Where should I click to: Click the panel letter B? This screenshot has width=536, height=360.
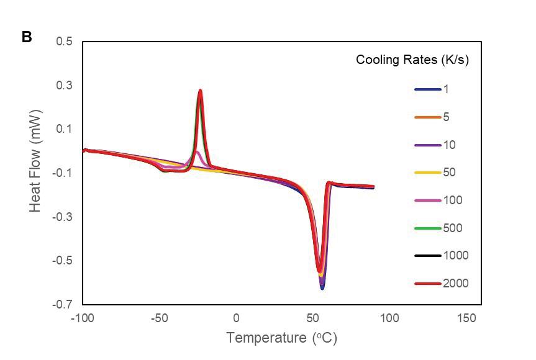[x=27, y=37]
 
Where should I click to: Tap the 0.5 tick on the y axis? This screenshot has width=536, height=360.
[x=64, y=42]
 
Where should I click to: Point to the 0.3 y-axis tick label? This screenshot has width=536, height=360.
[x=64, y=85]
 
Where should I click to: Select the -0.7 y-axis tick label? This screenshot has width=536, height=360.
[x=62, y=304]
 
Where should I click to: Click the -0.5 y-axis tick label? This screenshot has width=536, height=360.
[x=62, y=261]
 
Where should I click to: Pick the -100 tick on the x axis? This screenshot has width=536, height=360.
[x=83, y=318]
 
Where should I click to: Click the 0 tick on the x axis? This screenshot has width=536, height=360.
[x=236, y=318]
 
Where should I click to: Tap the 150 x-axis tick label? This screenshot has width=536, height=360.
[x=466, y=318]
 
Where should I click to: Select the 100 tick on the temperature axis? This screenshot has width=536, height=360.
[x=389, y=318]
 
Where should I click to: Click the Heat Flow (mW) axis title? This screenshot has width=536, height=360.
[x=35, y=161]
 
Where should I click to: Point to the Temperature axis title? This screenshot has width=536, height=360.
[x=282, y=338]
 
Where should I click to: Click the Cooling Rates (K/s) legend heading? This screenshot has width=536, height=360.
[x=412, y=60]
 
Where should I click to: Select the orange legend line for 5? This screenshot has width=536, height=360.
[x=428, y=117]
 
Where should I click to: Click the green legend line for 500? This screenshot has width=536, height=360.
[x=428, y=228]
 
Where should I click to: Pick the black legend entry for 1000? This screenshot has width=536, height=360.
[x=442, y=256]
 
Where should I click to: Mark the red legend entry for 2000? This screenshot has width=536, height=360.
[x=442, y=284]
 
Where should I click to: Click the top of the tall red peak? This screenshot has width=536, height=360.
[x=200, y=90]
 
